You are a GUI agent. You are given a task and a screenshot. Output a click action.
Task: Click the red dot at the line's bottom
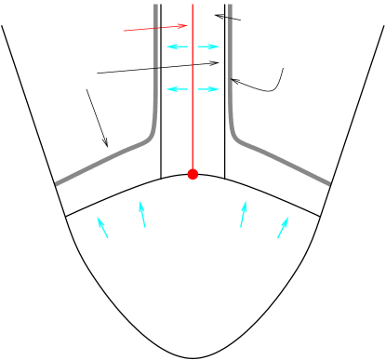(193, 174)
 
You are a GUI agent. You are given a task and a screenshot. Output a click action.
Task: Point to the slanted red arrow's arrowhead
(186, 25)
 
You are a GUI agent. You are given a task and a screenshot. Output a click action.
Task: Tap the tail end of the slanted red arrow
(125, 31)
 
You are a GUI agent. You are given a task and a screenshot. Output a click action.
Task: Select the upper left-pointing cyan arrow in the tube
(177, 47)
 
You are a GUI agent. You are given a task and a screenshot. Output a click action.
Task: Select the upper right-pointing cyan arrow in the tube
(209, 47)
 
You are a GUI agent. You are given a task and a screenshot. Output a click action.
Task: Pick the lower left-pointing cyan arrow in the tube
(177, 89)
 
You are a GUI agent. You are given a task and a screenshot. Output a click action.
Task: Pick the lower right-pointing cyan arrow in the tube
(209, 89)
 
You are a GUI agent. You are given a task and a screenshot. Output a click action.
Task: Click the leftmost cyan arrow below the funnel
(102, 228)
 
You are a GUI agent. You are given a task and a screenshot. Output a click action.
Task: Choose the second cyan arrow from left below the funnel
(142, 214)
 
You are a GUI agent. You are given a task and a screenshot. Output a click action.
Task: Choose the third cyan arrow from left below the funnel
(243, 214)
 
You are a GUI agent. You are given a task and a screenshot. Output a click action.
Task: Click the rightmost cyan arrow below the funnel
(283, 228)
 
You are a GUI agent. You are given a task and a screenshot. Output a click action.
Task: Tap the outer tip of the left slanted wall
(57, 184)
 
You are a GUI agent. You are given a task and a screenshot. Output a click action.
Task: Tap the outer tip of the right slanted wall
(329, 184)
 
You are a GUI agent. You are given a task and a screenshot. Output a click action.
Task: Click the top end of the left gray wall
(155, 5)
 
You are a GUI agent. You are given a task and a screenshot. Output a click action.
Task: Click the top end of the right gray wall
(230, 5)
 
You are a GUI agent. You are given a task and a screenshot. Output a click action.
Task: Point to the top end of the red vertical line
(193, 5)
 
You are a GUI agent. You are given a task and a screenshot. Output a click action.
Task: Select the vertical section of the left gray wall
(155, 70)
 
